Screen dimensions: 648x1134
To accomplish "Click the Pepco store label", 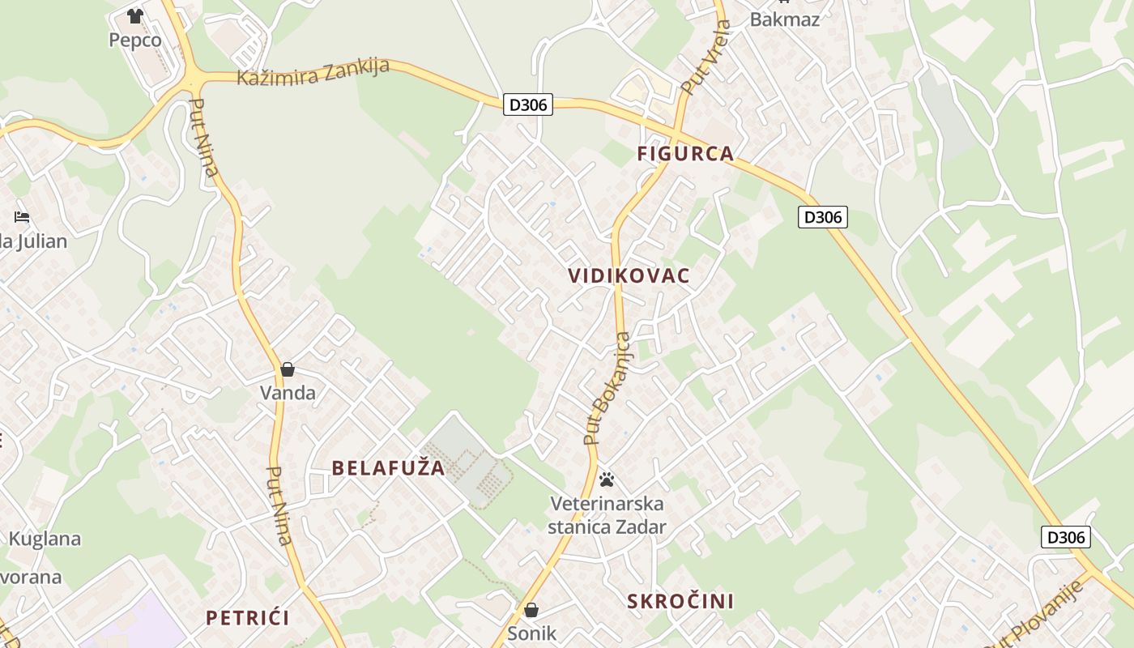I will pos(135,40).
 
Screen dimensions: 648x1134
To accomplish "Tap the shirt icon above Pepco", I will pos(135,15).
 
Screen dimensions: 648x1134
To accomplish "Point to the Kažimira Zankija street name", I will pos(313,71).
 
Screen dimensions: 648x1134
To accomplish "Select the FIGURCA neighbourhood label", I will pos(685,153).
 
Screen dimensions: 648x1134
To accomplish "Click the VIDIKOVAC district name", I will pos(629,275).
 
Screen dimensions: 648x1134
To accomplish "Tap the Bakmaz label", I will pos(784,19).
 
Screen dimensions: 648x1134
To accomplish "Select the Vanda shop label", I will pos(288,393).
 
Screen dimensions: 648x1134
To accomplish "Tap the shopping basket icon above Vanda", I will pos(288,370).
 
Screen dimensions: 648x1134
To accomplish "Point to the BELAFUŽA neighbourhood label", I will pos(388,467).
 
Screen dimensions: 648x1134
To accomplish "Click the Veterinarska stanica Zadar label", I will pos(607,515).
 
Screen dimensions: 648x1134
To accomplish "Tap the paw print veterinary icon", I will pos(607,480).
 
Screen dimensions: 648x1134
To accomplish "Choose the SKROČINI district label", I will pos(680,601).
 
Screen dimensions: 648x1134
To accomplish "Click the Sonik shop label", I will pos(532,633).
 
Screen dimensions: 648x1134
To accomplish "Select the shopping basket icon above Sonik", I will pos(531,610).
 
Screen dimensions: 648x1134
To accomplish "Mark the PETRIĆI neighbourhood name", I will pos(247,618).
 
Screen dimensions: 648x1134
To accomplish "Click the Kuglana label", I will pos(45,539).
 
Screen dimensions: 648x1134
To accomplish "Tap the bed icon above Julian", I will pos(22,217).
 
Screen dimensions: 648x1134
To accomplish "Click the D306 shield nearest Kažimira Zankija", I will pos(528,104).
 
